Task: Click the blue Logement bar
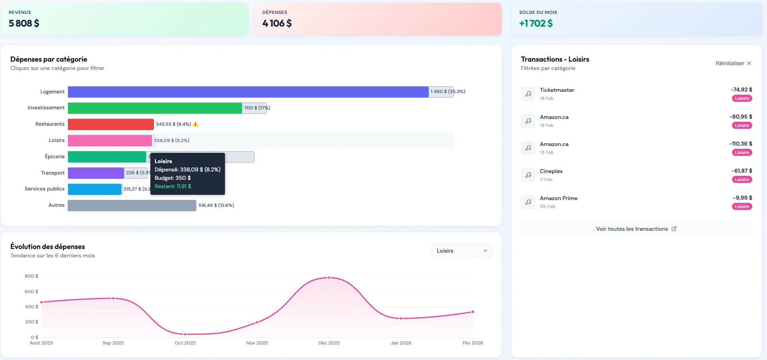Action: (248, 92)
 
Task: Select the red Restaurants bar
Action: (111, 124)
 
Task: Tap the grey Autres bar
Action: (132, 205)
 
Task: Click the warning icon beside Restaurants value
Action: (195, 124)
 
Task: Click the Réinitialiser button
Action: (733, 63)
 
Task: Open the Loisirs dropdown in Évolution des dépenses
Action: (462, 251)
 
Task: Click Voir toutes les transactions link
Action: (636, 229)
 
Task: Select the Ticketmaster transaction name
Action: (557, 90)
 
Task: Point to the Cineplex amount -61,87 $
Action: (742, 171)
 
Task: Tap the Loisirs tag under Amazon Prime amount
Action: (742, 206)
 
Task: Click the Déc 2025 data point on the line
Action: (329, 278)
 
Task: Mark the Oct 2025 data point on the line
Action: (185, 334)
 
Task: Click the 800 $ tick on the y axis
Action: (31, 276)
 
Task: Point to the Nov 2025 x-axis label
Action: (257, 343)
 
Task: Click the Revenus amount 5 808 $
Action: (24, 23)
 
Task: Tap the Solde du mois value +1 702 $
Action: (536, 23)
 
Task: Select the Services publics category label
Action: (45, 189)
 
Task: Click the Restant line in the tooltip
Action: (173, 186)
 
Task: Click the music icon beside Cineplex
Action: (528, 175)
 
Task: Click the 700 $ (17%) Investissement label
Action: (256, 108)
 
